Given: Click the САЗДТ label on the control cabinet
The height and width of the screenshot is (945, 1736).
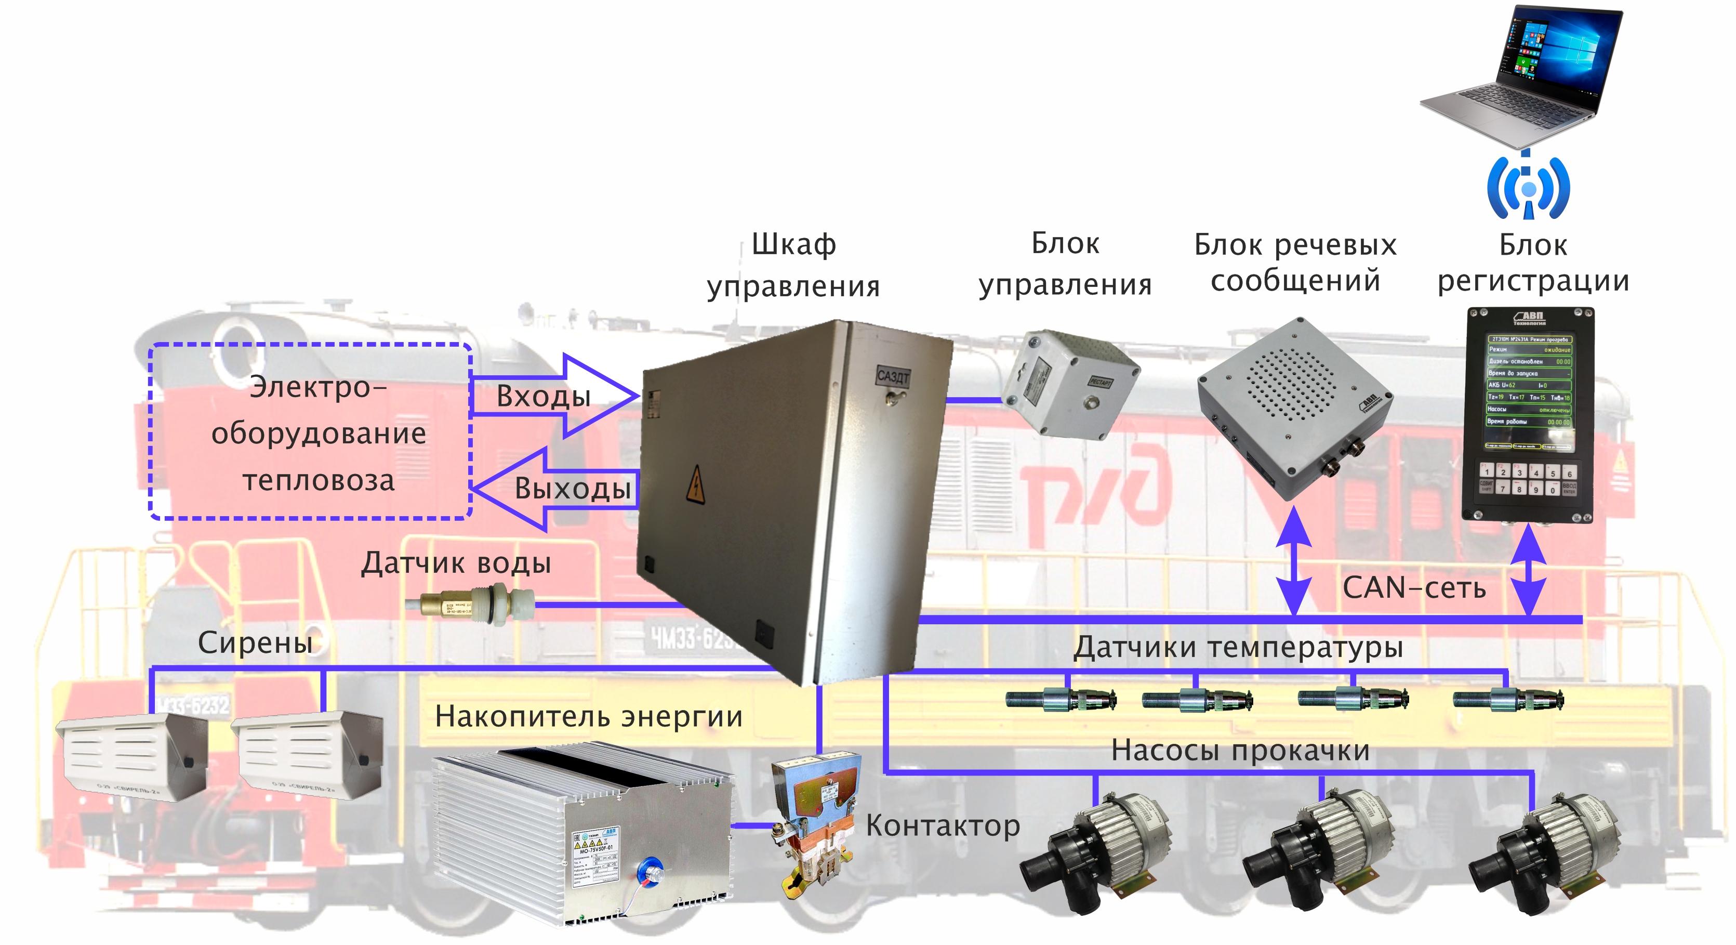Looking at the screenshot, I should click(893, 375).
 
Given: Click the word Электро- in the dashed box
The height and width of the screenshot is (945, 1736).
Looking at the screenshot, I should click(318, 388).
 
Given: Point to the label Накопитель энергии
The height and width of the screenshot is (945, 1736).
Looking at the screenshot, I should click(588, 716).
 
